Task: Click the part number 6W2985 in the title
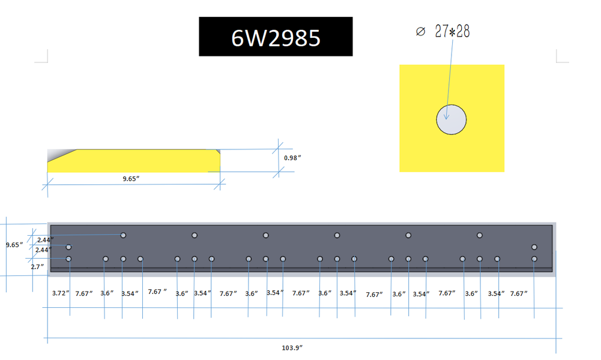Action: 276,37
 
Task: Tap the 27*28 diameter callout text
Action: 452,32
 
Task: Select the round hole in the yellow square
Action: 452,118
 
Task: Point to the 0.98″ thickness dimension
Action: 292,158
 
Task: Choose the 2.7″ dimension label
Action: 38,266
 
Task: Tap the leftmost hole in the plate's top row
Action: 123,235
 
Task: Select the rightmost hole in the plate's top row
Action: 480,235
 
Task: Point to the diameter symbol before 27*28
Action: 420,32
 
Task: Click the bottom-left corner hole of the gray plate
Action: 68,259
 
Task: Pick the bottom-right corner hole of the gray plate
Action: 534,259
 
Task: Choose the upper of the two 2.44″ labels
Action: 44,240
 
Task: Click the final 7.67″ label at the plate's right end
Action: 519,293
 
